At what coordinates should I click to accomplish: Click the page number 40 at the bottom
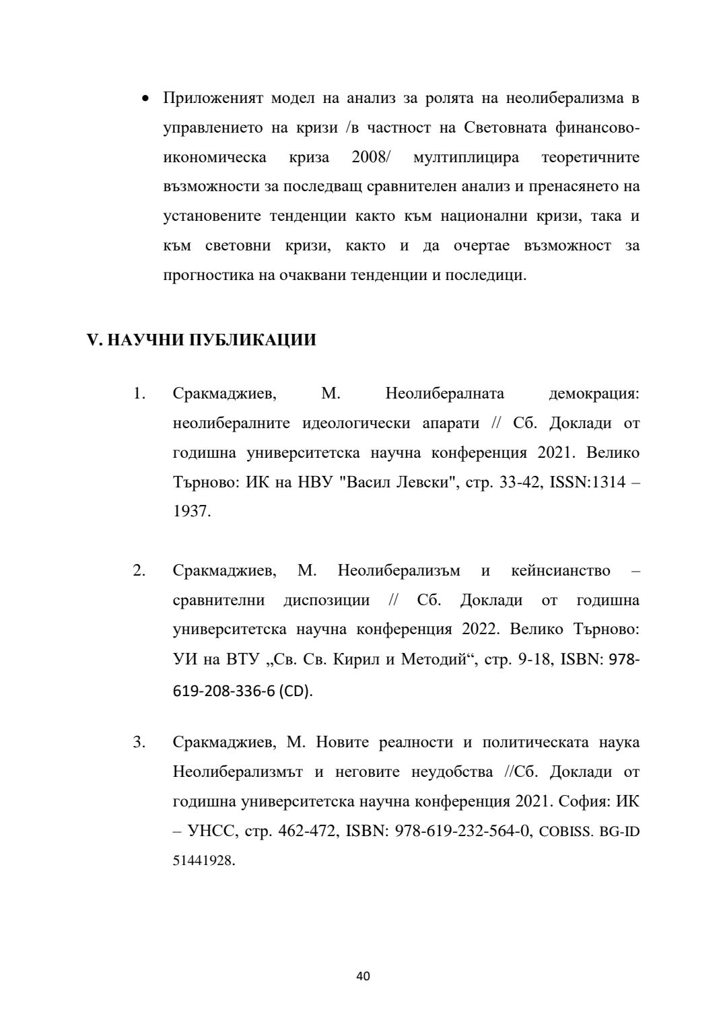click(363, 975)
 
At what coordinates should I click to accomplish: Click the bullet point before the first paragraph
click(144, 99)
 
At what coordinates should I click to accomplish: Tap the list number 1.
click(139, 393)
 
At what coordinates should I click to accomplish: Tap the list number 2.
click(139, 571)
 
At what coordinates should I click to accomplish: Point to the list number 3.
click(139, 743)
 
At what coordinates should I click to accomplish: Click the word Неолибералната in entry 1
click(445, 393)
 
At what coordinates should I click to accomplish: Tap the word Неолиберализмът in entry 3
click(238, 772)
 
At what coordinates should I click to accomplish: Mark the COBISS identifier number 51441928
click(203, 861)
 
